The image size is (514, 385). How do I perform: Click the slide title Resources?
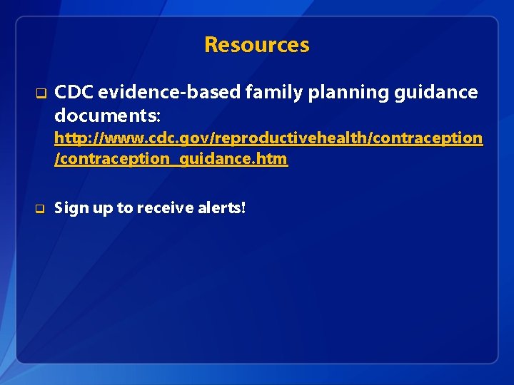click(257, 45)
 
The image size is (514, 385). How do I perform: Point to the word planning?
click(339, 92)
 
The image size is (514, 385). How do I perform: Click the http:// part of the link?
click(76, 138)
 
